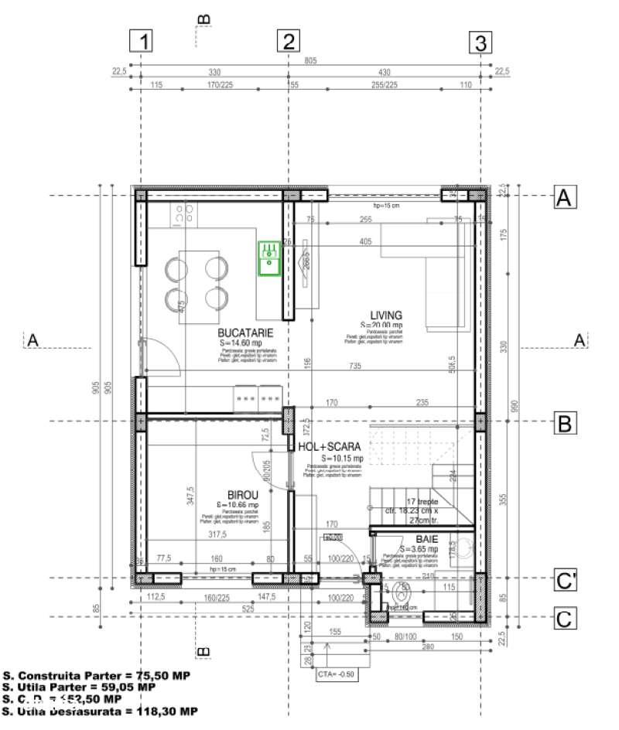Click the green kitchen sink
click(x=269, y=258)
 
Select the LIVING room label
click(x=385, y=316)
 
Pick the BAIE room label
click(x=426, y=538)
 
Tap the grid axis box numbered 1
click(x=141, y=42)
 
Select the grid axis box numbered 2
click(x=289, y=42)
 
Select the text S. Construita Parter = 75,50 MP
click(x=97, y=674)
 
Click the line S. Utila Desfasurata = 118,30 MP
click(x=101, y=710)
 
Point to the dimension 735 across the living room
click(x=355, y=365)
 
